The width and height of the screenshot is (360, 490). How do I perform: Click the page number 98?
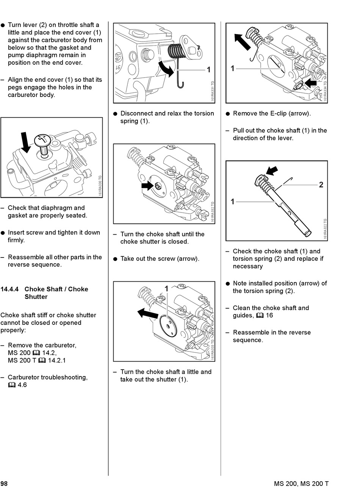(x=4, y=484)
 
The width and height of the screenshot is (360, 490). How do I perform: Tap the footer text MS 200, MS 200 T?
(x=301, y=484)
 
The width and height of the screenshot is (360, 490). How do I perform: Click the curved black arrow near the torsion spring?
(x=166, y=67)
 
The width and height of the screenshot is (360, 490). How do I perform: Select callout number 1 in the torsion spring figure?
(x=208, y=70)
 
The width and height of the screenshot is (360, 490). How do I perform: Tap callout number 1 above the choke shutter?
(x=166, y=289)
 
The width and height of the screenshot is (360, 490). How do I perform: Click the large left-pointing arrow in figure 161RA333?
(x=147, y=313)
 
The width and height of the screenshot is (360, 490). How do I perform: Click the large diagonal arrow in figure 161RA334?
(x=242, y=41)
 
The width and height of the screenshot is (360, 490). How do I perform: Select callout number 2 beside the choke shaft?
(x=321, y=185)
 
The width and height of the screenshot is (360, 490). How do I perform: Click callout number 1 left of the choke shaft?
(x=233, y=202)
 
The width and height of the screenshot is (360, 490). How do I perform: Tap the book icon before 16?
(x=260, y=316)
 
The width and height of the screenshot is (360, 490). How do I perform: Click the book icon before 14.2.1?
(x=42, y=360)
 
